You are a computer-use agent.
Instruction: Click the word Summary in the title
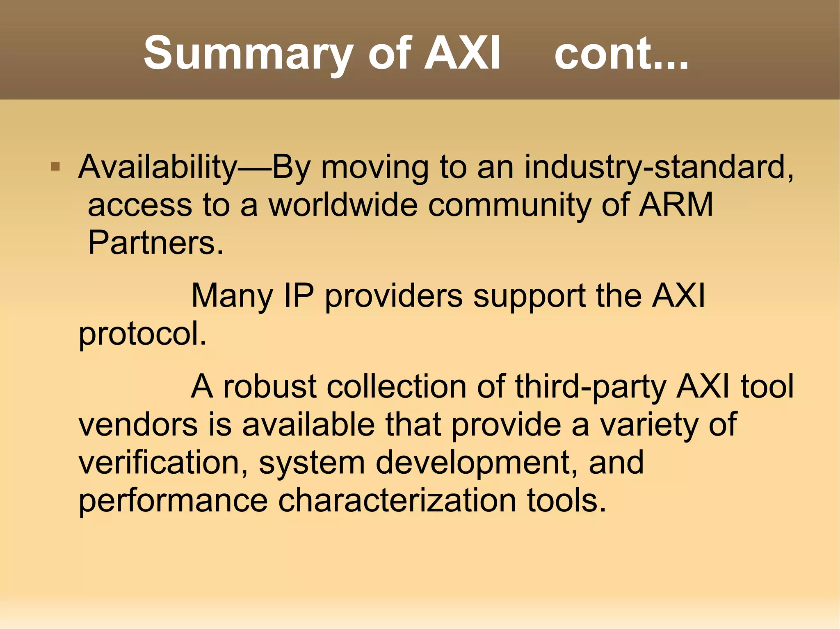click(x=248, y=54)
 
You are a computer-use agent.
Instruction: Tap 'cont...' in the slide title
click(x=621, y=54)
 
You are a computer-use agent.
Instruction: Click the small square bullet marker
click(x=55, y=167)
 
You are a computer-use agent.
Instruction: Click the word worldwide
click(x=343, y=205)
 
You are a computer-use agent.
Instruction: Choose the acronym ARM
click(x=676, y=205)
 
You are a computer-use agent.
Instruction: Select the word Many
click(x=232, y=295)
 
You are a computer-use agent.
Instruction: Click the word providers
click(x=394, y=295)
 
